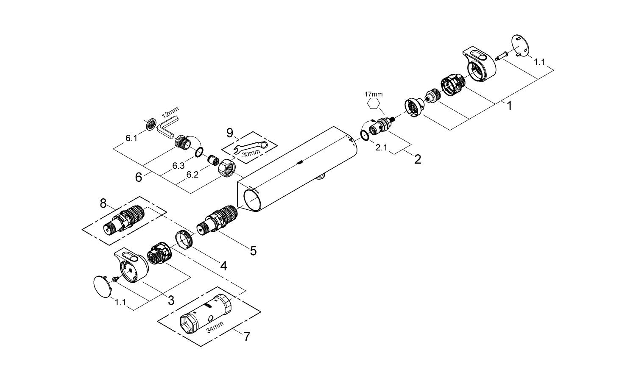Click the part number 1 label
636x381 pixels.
[509, 106]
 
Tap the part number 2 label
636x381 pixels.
[418, 159]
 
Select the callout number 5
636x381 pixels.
[253, 250]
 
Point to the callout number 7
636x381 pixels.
[246, 337]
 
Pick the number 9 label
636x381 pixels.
[230, 133]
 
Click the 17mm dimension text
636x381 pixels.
[374, 94]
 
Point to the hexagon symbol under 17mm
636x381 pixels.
[374, 103]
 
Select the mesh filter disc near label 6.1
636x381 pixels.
[150, 124]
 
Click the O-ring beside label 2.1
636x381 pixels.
[364, 135]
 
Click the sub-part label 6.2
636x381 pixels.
[192, 174]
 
